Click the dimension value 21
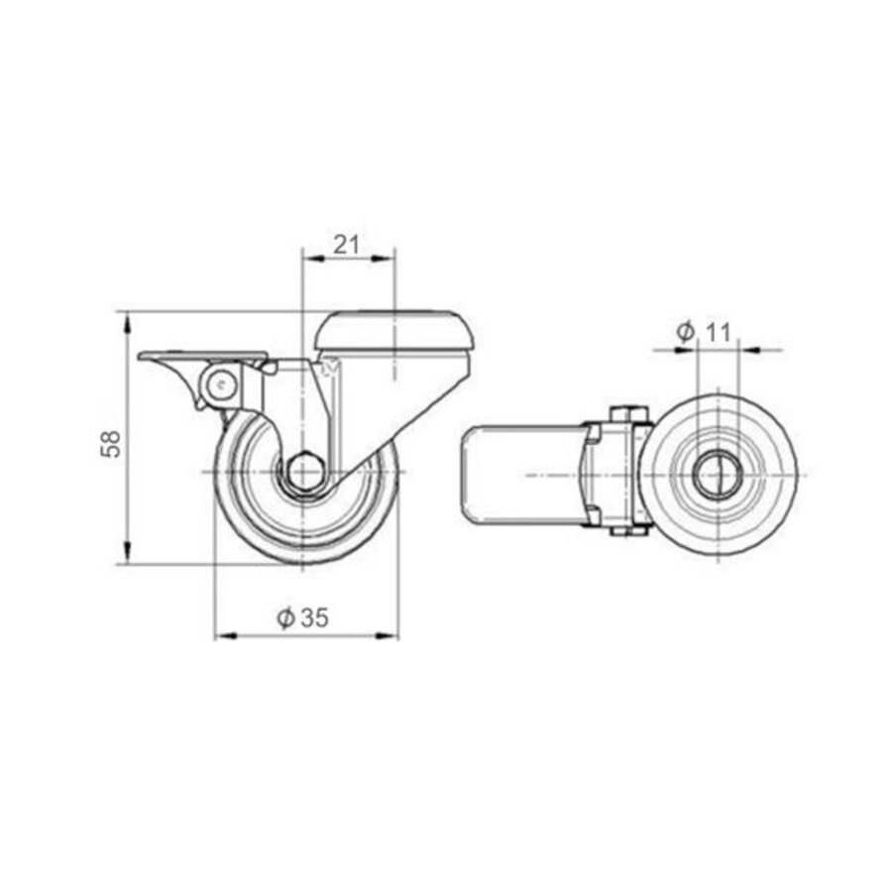(345, 245)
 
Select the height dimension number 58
(112, 443)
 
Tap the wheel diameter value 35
(314, 618)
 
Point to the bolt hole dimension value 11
(718, 333)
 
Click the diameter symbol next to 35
(285, 618)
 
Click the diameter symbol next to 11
(685, 333)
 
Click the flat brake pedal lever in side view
(202, 356)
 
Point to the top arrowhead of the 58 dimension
(128, 319)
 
